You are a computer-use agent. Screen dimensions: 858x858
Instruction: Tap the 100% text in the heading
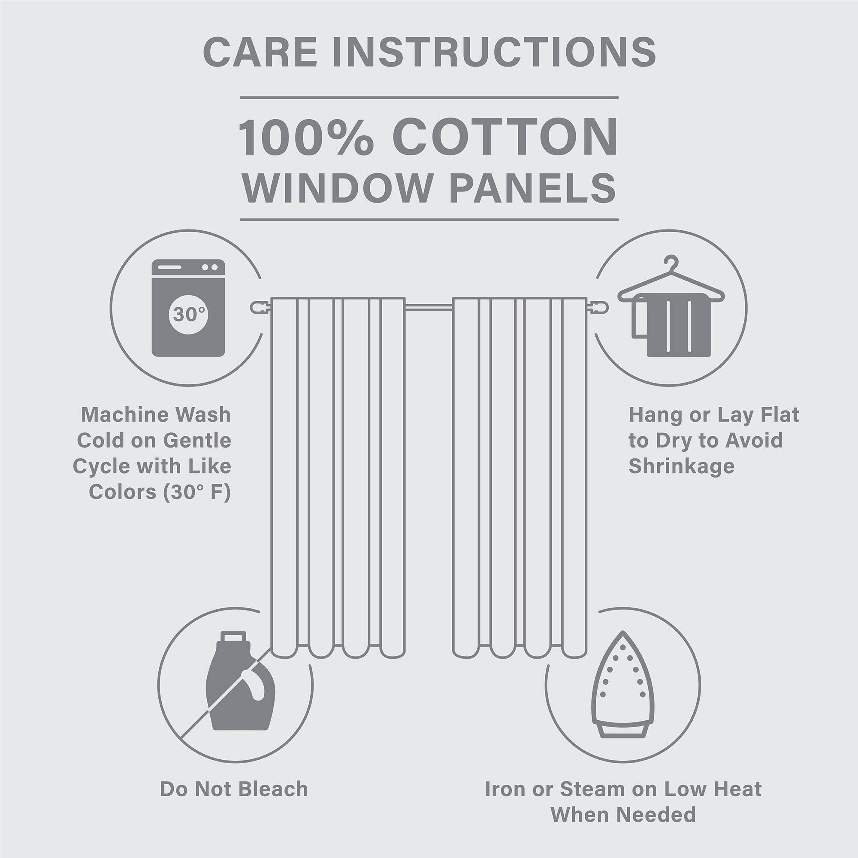tap(306, 137)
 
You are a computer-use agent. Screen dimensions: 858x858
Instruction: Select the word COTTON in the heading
tap(505, 137)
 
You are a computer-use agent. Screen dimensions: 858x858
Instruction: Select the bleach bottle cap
tap(233, 638)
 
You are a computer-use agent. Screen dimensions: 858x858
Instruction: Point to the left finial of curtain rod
tap(260, 307)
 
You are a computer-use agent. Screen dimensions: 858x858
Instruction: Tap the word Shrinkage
tap(681, 466)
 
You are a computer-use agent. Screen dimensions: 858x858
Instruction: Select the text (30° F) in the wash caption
tap(197, 492)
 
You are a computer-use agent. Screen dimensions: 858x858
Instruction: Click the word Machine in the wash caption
tap(125, 415)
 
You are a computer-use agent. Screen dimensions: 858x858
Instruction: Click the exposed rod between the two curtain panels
tap(429, 306)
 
